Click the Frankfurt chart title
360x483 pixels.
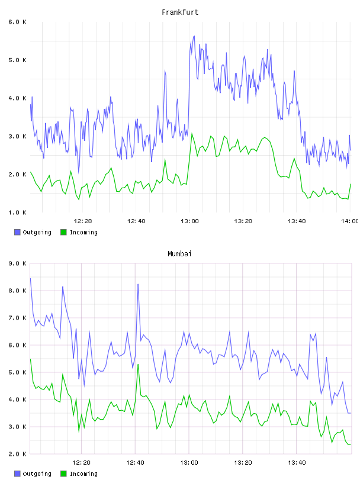coord(180,12)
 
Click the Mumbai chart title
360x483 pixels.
coord(179,254)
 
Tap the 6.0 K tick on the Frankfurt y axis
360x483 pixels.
coord(17,22)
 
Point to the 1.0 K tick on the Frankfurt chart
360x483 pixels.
coord(17,212)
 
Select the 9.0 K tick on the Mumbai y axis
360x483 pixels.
coord(17,263)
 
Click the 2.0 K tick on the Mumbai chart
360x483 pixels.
coord(17,454)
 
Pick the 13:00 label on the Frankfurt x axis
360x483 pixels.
coord(189,221)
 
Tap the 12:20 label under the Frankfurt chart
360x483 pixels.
coord(83,221)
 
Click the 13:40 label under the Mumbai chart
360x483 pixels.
coord(297,463)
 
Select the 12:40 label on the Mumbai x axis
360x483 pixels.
coord(135,463)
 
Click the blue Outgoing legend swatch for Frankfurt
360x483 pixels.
coord(17,232)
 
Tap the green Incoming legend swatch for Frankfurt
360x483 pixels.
coord(63,232)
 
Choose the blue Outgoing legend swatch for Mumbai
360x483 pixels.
coord(17,474)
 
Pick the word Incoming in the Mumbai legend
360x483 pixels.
coord(83,474)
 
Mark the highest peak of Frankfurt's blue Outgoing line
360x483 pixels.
coord(194,36)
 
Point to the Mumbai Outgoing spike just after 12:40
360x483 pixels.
coord(138,284)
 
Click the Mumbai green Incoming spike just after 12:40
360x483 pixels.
coord(138,365)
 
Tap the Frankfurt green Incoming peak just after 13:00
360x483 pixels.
coord(192,133)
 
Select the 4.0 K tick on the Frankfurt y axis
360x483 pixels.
coord(17,98)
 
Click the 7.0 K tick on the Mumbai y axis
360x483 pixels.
coord(17,318)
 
